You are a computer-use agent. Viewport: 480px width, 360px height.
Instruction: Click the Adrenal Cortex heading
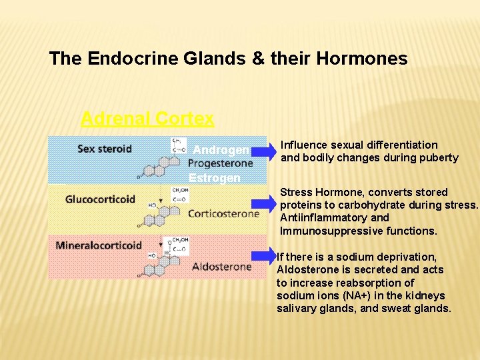[x=147, y=119]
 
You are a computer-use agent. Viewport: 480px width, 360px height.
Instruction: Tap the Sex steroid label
[x=105, y=148]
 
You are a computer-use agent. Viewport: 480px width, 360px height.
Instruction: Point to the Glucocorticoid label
[x=100, y=199]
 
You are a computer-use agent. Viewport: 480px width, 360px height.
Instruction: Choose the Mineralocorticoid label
[x=99, y=245]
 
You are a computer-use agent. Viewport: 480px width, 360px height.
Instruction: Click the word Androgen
[x=221, y=150]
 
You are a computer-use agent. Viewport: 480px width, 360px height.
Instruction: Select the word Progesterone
[x=221, y=163]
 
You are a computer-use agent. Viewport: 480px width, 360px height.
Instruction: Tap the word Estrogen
[x=215, y=178]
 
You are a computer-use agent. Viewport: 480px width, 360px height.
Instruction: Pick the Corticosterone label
[x=223, y=214]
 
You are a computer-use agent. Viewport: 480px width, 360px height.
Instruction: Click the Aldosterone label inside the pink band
[x=221, y=267]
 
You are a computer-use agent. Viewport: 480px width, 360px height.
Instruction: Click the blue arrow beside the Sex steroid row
[x=265, y=153]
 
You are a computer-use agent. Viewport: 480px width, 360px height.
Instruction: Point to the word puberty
[x=437, y=158]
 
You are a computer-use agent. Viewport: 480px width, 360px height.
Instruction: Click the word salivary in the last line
[x=297, y=308]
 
